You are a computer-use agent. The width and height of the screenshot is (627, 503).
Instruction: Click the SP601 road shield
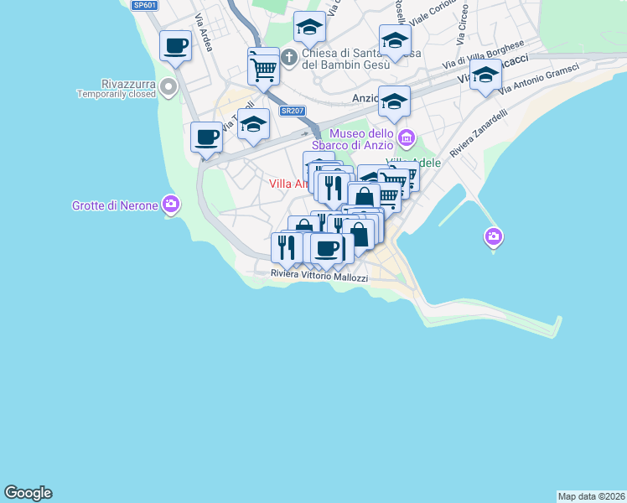pyautogui.click(x=144, y=5)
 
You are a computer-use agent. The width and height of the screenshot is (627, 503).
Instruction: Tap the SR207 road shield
pyautogui.click(x=292, y=111)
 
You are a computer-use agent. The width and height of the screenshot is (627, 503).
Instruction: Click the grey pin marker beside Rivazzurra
pyautogui.click(x=168, y=86)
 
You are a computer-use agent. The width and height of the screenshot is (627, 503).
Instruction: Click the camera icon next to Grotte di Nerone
pyautogui.click(x=171, y=204)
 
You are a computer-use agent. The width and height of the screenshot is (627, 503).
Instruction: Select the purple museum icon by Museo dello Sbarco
pyautogui.click(x=407, y=137)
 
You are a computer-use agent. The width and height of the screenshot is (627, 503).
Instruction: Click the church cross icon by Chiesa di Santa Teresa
pyautogui.click(x=289, y=58)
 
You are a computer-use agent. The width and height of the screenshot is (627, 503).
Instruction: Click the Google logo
pyautogui.click(x=28, y=493)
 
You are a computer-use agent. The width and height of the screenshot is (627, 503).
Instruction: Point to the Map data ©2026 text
pyautogui.click(x=591, y=496)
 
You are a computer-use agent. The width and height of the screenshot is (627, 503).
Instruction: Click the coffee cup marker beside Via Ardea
pyautogui.click(x=175, y=46)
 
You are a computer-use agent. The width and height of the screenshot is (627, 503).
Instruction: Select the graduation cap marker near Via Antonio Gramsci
pyautogui.click(x=485, y=76)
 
